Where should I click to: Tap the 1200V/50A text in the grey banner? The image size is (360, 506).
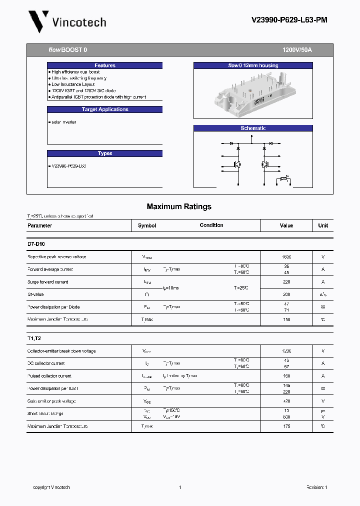point(297,50)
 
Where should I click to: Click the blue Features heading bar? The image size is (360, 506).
point(105,65)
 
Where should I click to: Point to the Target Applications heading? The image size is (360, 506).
point(105,109)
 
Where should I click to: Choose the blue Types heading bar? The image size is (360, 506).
point(105,153)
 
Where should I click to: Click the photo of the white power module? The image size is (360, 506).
point(253,92)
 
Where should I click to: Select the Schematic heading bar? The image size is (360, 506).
point(253,128)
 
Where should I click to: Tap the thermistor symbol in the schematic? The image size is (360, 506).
point(283,178)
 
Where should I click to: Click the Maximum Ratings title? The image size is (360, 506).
point(179,206)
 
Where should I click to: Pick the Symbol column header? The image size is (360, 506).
point(147,225)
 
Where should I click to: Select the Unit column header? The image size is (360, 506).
point(323,225)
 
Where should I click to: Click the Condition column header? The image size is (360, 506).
point(211,225)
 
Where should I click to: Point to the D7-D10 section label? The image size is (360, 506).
point(36,244)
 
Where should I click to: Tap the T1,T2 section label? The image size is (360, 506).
point(34,338)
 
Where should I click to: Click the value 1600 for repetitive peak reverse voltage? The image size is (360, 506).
point(286,257)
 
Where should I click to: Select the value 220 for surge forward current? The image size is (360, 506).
point(286,282)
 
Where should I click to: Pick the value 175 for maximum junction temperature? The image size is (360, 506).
point(286,426)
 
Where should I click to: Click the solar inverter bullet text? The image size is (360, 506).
point(63,122)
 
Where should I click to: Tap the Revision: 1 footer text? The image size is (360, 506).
point(316,487)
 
